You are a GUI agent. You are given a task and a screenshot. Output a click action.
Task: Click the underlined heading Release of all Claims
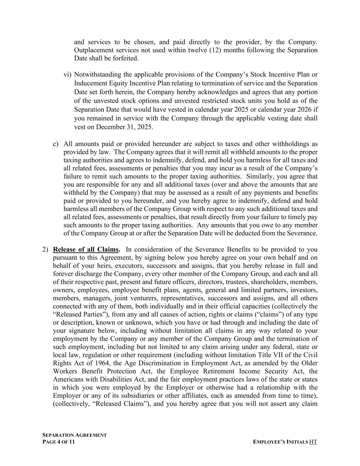(x=86, y=249)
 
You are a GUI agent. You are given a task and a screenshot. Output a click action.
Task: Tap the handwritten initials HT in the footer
(x=313, y=442)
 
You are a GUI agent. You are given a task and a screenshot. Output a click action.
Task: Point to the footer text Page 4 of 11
(x=58, y=442)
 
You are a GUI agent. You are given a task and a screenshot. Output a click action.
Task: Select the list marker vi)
(x=68, y=74)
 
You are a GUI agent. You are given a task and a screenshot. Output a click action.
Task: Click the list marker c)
(x=56, y=144)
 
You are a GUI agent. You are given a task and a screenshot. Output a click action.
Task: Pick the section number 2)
(x=45, y=249)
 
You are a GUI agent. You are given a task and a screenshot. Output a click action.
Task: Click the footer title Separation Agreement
(x=74, y=435)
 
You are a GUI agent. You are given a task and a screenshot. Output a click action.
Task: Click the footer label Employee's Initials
(x=280, y=442)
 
